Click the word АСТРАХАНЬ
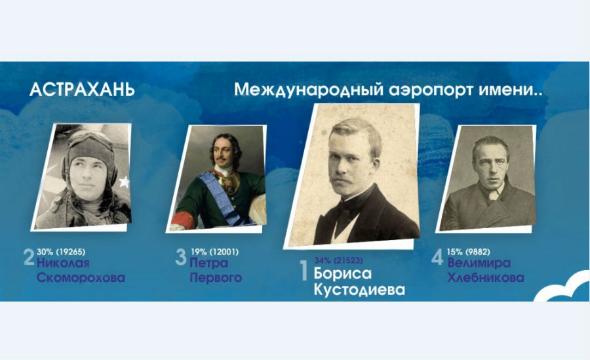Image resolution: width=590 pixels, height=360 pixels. pos(82,90)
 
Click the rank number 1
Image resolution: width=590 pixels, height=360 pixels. pos(304,270)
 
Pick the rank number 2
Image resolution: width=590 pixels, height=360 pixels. pos(29,257)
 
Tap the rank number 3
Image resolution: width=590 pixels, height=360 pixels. pos(181,257)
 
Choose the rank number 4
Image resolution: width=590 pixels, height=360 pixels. pos(437,257)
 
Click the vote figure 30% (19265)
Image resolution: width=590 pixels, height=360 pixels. pos(61,252)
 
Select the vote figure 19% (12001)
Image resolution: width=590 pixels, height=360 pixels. pos(214,252)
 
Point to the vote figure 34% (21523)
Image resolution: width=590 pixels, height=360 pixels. pos(339,260)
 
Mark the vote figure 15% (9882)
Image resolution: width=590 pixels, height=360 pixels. pos(469,252)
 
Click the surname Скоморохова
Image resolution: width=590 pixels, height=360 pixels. pos(81,277)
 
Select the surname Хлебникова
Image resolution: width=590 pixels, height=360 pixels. pos(486,277)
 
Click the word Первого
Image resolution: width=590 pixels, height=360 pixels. pos(216,277)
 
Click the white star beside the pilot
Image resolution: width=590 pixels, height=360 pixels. pos(124,182)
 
